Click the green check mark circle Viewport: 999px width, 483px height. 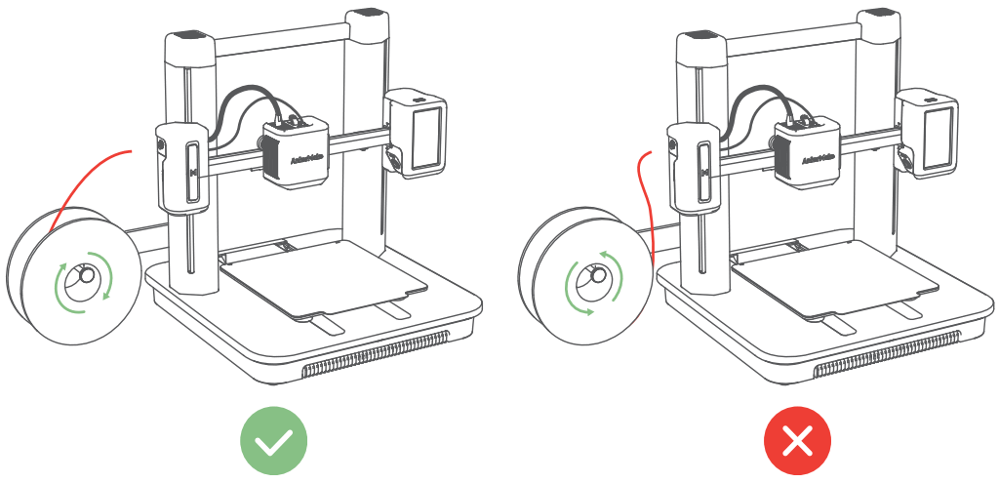click(x=274, y=441)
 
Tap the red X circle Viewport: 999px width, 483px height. click(x=797, y=441)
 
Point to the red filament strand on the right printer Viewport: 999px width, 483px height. click(x=643, y=205)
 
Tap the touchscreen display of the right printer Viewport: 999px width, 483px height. click(x=937, y=136)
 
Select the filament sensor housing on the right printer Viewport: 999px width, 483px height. click(x=694, y=166)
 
